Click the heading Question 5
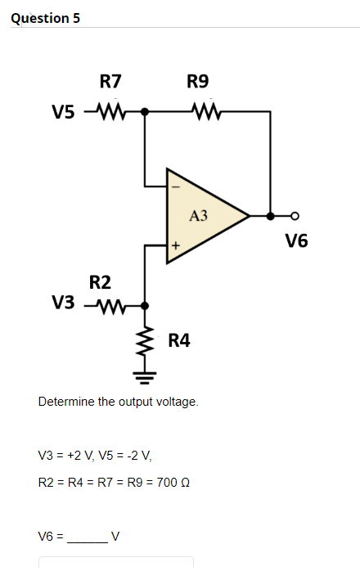[46, 18]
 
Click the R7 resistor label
[110, 81]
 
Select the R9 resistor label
[198, 81]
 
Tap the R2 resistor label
[100, 283]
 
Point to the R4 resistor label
[179, 340]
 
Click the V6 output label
[297, 241]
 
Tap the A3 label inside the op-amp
[198, 216]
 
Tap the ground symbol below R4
[146, 377]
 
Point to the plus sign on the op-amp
[174, 245]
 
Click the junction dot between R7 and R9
[146, 111]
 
